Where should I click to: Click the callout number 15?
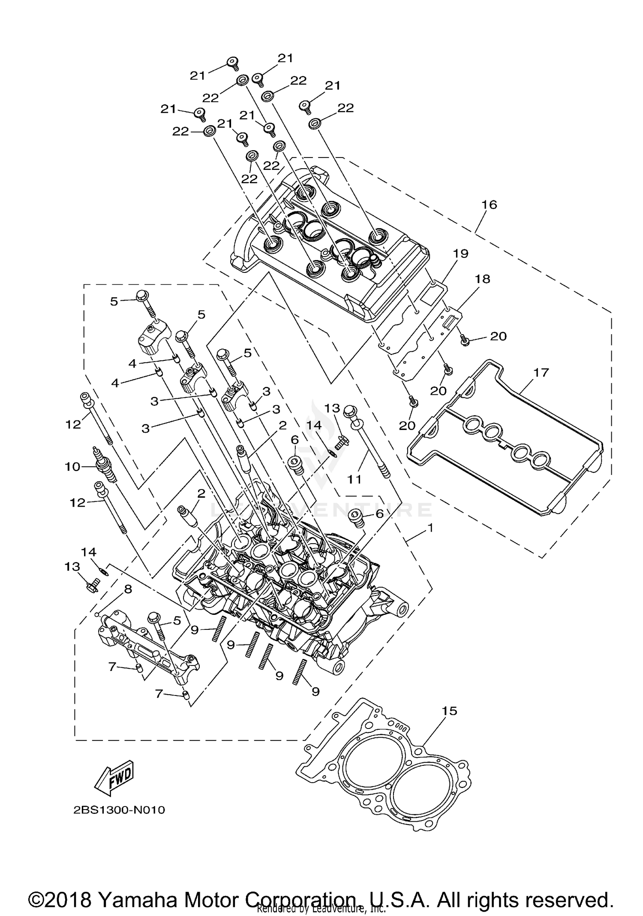click(x=449, y=711)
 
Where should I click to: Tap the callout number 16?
click(x=489, y=205)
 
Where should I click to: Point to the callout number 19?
click(x=461, y=253)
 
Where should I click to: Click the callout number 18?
click(x=482, y=279)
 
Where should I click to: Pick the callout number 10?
click(x=73, y=466)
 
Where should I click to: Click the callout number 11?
click(x=355, y=479)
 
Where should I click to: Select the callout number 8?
click(x=128, y=590)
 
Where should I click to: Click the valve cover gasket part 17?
click(x=506, y=446)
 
